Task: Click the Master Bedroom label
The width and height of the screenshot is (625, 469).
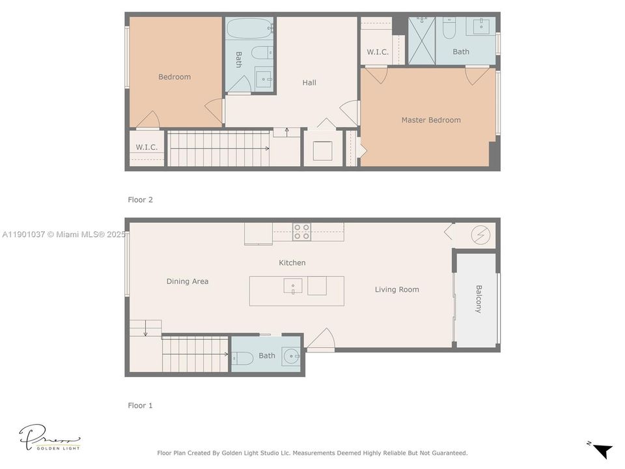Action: coord(430,120)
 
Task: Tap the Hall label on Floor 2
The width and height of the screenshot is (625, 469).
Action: coord(309,83)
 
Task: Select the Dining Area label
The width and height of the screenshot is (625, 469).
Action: coord(187,281)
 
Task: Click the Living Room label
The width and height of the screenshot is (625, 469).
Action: coord(396,289)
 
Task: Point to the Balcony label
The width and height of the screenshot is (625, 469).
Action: coord(479,299)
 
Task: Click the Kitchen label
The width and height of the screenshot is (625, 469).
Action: coord(292,263)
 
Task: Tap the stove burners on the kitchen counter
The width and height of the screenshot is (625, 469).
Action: coord(301,232)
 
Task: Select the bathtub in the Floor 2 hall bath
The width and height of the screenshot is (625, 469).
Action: coord(250,29)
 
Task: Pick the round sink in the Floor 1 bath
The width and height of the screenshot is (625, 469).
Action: coord(290,356)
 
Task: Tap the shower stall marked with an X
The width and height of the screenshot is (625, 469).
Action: coord(422,40)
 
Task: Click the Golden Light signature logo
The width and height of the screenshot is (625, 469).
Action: coord(49,437)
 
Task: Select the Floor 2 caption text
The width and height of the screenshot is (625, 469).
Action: coord(140,200)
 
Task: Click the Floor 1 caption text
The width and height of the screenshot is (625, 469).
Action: coord(140,405)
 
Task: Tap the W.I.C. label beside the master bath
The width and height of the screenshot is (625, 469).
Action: coord(378,52)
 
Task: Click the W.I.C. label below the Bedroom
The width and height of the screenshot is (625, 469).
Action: coord(146,147)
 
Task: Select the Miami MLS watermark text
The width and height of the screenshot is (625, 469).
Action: coord(64,234)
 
